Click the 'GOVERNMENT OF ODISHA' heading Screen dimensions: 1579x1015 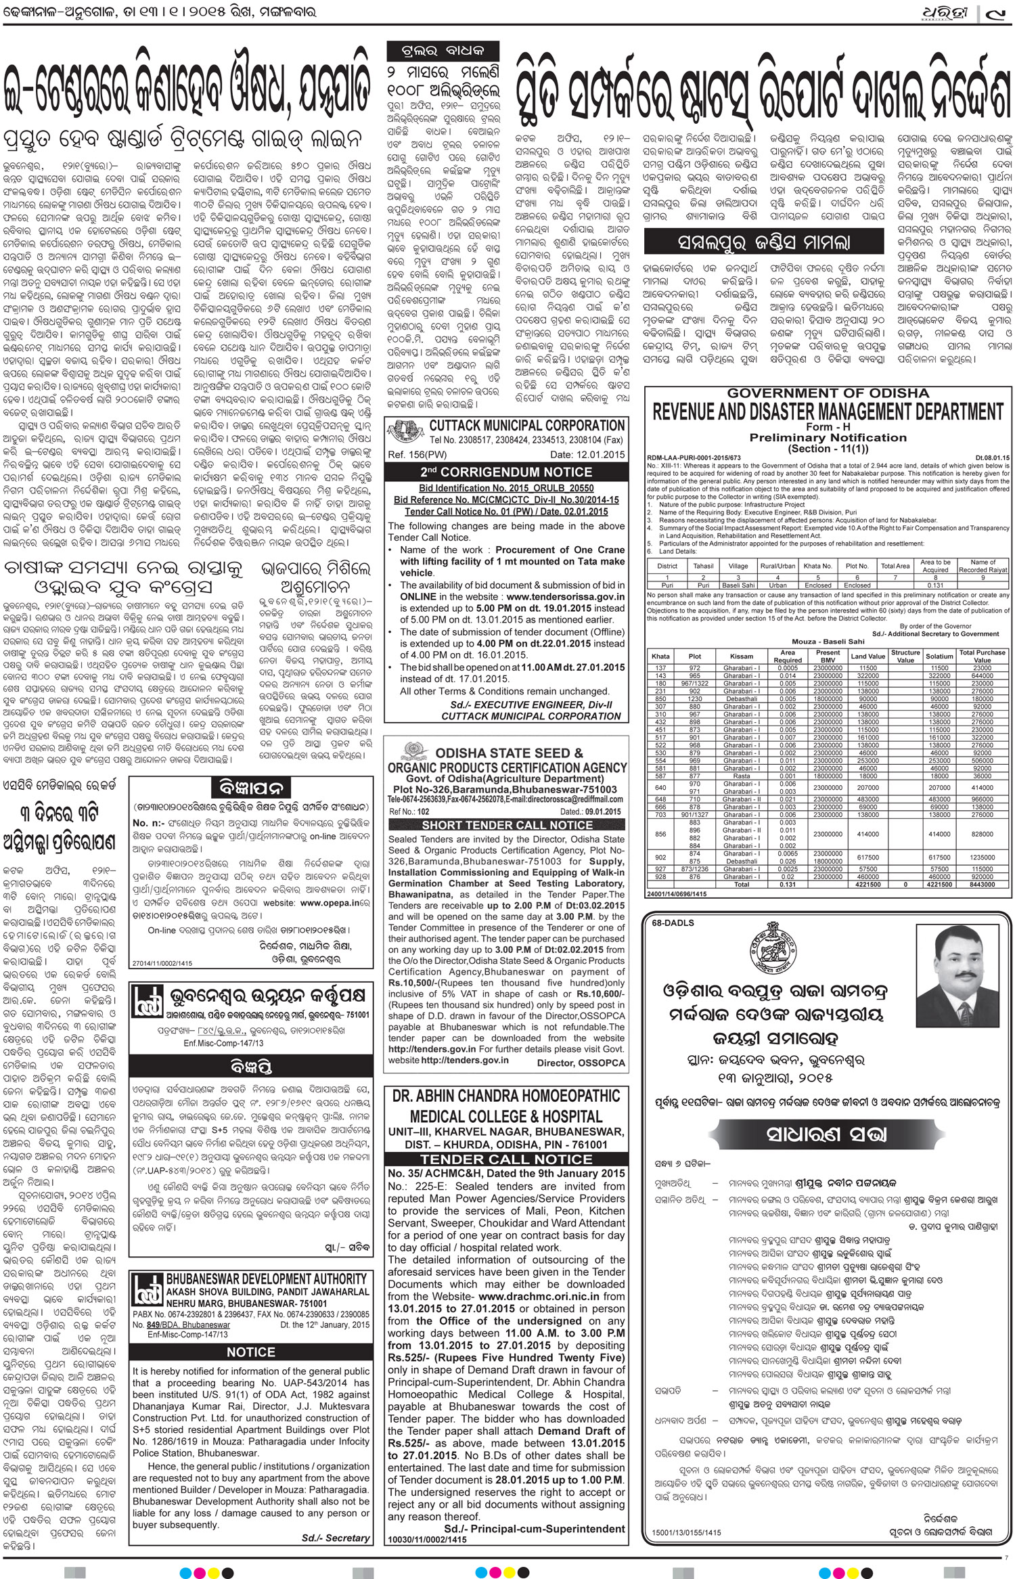tap(828, 393)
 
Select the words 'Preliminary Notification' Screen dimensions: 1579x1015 tap(828, 438)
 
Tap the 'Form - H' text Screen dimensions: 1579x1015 tap(828, 427)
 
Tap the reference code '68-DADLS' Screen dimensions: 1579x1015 tap(671, 923)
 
